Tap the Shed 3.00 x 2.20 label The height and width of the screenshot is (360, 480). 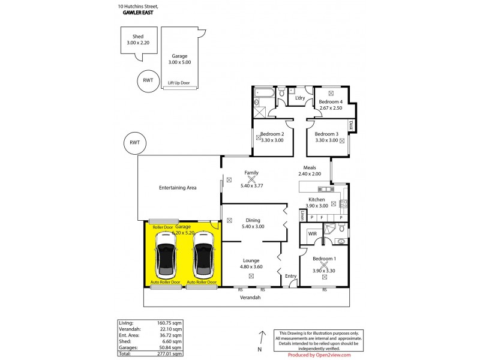133,40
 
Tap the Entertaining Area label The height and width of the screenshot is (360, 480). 178,188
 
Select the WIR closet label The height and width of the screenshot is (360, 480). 312,233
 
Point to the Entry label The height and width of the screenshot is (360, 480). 290,276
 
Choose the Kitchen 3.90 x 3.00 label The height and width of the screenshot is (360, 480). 316,202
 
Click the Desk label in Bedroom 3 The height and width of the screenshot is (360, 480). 352,125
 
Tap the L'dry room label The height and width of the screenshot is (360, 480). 300,97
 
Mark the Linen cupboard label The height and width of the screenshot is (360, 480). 303,215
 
